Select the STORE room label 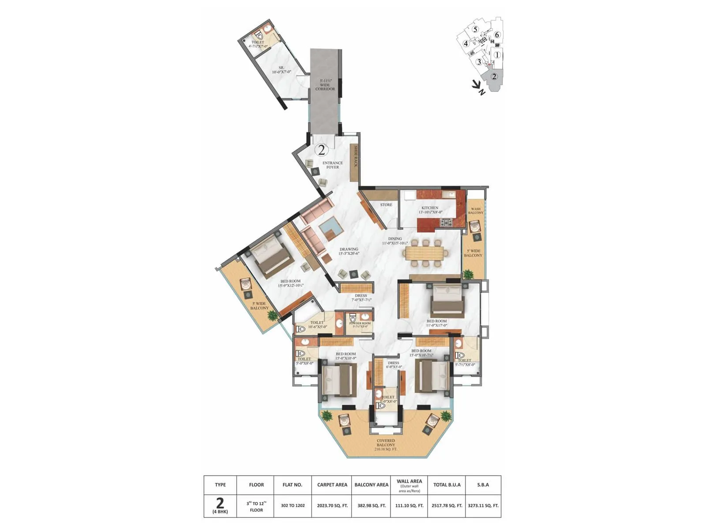(386, 205)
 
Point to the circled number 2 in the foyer (322, 150)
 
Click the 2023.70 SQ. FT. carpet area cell (332, 506)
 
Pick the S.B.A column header (483, 485)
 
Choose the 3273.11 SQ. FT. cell (483, 506)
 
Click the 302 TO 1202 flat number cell (293, 506)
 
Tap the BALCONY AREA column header (372, 485)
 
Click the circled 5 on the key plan (475, 30)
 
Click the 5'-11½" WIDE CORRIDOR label (325, 85)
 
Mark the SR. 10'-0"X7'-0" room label (281, 69)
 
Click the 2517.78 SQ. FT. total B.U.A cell (447, 506)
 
